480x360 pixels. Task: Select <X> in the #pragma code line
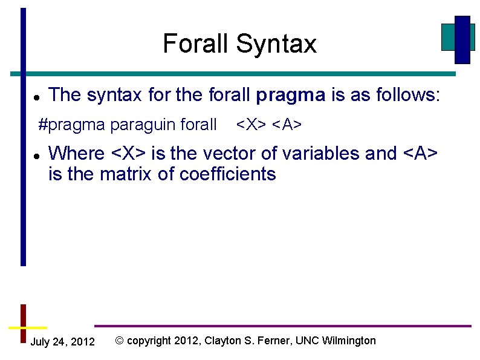click(x=251, y=125)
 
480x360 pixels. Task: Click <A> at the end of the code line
click(x=287, y=125)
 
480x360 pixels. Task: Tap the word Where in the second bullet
click(x=77, y=154)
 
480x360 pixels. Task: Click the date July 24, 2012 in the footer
click(x=62, y=342)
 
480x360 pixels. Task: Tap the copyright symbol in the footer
click(x=119, y=341)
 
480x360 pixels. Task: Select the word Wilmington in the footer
click(x=349, y=341)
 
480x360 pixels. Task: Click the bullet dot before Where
click(x=36, y=155)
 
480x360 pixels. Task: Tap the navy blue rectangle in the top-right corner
click(x=462, y=39)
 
